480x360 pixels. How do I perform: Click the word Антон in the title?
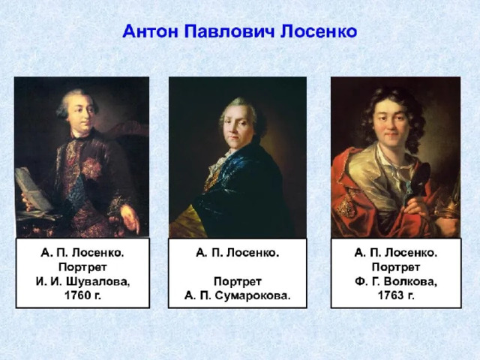pos(150,31)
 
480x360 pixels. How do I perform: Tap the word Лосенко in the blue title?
pos(319,31)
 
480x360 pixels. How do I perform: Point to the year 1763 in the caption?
pos(391,295)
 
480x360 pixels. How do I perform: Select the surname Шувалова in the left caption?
pos(98,281)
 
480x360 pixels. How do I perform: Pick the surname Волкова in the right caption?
pos(410,281)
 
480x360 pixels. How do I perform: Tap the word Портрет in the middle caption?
pos(238,281)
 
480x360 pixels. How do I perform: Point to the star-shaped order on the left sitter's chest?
pos(91,168)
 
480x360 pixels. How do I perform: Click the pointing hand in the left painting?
pos(129,218)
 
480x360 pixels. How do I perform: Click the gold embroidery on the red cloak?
pos(345,205)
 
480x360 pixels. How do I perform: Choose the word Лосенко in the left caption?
pos(98,253)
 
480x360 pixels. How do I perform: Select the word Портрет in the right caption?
pos(396,267)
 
